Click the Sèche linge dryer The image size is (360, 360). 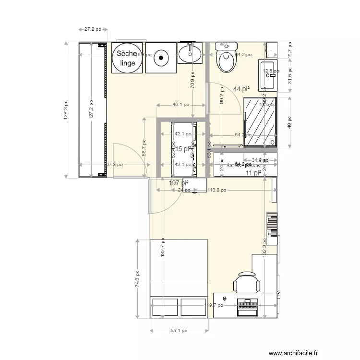(128, 58)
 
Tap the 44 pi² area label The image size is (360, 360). (241, 89)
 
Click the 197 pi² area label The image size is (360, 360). (179, 183)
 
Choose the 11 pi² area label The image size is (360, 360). (253, 173)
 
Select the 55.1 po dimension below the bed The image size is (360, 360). (179, 331)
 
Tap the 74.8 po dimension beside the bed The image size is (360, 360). (137, 278)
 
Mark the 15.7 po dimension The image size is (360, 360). (290, 48)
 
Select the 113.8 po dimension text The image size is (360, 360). (217, 190)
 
